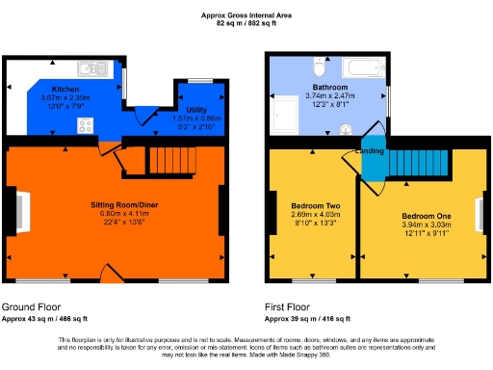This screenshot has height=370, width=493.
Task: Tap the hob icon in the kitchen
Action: pos(84,125)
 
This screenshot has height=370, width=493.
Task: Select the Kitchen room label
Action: pos(65,88)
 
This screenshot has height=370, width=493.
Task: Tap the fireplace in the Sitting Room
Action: pos(18,211)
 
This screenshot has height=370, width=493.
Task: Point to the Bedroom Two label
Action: pos(311,205)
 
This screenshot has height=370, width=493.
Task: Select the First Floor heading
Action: pos(290,307)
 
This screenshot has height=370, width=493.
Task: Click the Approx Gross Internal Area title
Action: pos(246,13)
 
